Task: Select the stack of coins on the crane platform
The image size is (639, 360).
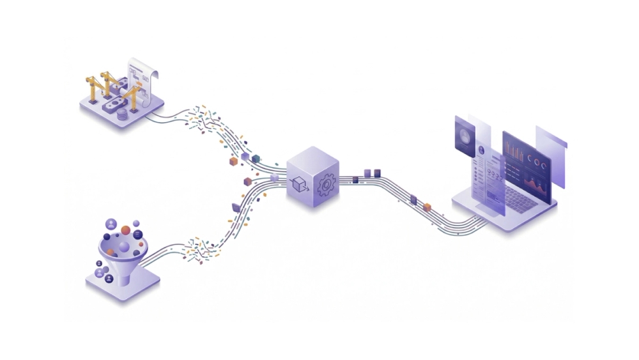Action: click(x=122, y=114)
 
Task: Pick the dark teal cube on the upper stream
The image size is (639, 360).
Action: click(x=256, y=158)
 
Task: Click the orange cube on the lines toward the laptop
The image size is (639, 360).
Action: click(x=427, y=206)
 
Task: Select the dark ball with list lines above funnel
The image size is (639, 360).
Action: click(x=137, y=234)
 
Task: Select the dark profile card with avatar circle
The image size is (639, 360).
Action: click(x=465, y=136)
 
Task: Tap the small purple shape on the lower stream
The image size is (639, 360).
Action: click(x=236, y=206)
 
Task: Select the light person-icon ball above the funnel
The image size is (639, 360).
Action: click(x=112, y=224)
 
